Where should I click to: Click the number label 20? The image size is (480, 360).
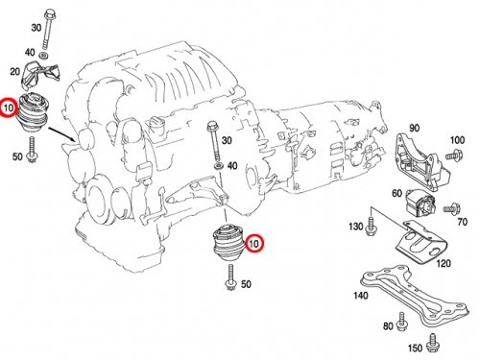coord(15,71)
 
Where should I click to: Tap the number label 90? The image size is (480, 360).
coord(415,128)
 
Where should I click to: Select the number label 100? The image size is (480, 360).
coord(457,140)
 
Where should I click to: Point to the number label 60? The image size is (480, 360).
coord(397,193)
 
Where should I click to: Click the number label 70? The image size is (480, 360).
coord(463,222)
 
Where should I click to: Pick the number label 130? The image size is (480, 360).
coord(356,227)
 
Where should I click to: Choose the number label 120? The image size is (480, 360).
coord(444,263)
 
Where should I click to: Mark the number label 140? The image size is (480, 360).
coord(361,296)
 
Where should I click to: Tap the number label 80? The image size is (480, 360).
coord(388,326)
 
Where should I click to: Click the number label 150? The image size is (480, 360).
coord(416,348)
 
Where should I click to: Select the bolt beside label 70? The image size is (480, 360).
coord(452,209)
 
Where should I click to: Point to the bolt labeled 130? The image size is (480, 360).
coord(371,227)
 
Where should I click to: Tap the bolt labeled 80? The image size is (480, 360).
coord(402,323)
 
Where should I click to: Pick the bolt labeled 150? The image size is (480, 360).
coord(433,342)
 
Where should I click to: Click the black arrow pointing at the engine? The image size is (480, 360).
coord(62,134)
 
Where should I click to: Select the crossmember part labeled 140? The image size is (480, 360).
coord(416,296)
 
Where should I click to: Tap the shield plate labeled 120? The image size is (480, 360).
coord(420,242)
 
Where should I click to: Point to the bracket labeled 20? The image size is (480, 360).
coord(39,75)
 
